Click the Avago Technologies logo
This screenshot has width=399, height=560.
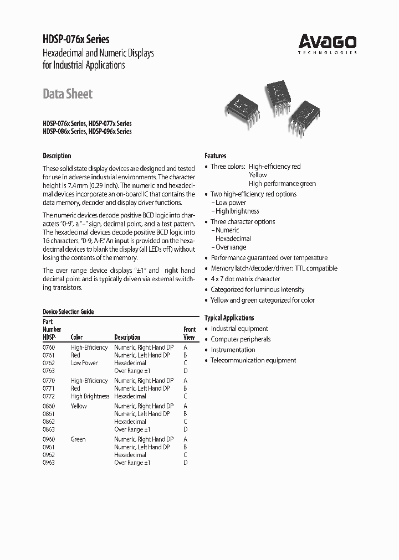coord(328,43)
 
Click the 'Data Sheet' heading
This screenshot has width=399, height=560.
coord(68,94)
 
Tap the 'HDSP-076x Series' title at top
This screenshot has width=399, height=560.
coord(76,39)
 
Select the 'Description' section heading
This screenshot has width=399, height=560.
coord(57,156)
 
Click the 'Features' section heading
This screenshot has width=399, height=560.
coord(216,156)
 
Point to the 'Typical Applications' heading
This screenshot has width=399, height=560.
coord(229,318)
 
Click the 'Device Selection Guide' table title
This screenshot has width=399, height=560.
coord(68,312)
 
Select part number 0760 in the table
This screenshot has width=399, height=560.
coord(49,348)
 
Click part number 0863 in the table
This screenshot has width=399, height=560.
coord(49,429)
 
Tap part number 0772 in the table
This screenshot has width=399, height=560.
coord(49,396)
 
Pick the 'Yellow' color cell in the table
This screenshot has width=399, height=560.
coord(79,406)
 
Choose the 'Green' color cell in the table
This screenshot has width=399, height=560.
coord(78,439)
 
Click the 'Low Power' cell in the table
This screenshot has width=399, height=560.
coord(84,363)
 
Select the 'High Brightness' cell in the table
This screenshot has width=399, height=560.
coord(90,396)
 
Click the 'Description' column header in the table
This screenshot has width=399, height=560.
coord(127,337)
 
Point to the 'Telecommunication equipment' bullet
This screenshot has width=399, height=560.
coord(253,360)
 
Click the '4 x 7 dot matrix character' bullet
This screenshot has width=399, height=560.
coord(245,279)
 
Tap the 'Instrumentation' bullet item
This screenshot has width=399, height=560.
coord(233,350)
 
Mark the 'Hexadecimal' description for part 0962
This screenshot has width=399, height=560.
coord(130,455)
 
